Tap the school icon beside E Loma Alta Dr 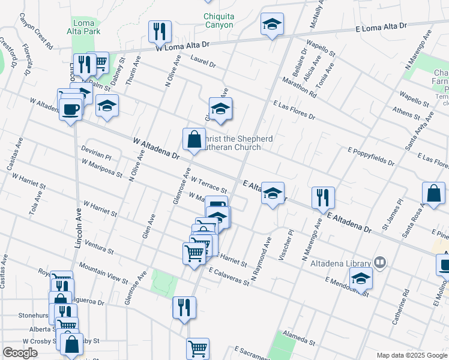272,25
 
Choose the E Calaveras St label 229,276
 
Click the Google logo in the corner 20,353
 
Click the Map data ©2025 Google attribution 411,355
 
